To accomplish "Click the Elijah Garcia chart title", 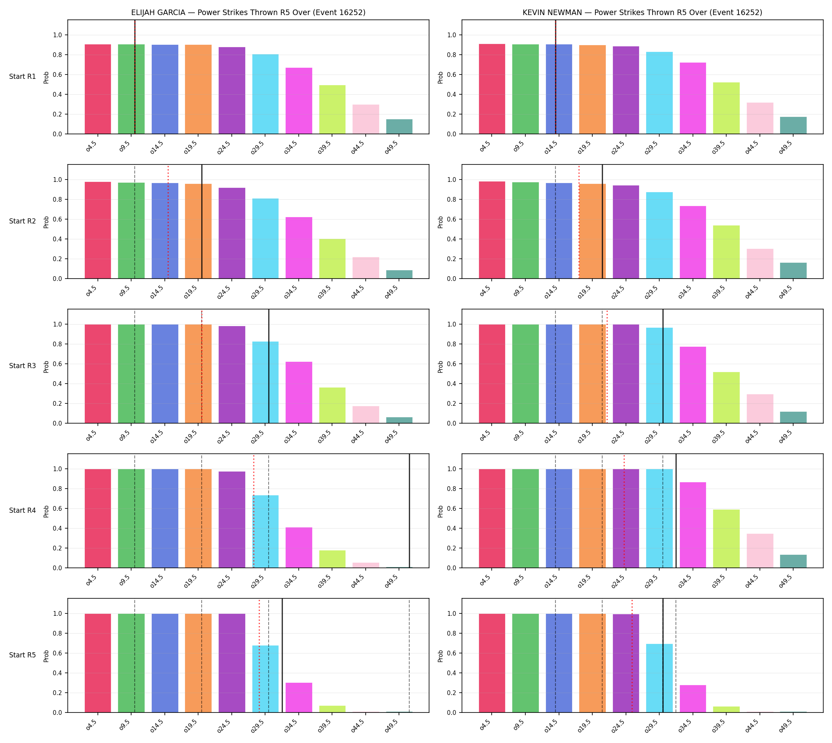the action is (248, 13).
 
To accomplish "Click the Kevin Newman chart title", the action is (642, 13).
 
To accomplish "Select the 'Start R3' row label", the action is (23, 366).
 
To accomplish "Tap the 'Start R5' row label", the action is (23, 655).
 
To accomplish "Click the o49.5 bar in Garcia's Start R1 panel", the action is (399, 126).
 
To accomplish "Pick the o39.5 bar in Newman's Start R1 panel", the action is (726, 108).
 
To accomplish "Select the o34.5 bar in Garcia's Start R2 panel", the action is (298, 248).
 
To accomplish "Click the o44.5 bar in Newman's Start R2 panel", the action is (759, 264).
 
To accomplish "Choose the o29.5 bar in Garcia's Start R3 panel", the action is (265, 382).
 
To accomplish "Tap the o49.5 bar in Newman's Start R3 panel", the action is (793, 418).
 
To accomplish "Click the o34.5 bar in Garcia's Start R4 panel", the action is (298, 548).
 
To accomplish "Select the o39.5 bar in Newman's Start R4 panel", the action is (726, 539).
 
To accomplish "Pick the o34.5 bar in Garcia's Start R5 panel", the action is (298, 697).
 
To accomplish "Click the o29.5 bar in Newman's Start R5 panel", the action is (659, 678).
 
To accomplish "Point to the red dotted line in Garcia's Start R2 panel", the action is (168, 222).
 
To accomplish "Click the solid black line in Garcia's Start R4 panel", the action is (410, 511).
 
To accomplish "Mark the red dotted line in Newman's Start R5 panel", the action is (632, 656).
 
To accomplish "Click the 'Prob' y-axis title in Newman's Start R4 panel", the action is (441, 511).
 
